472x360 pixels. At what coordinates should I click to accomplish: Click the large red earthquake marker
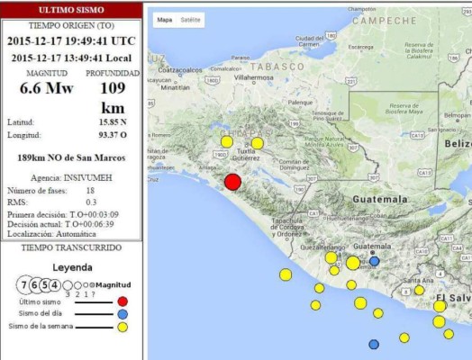pos(232,182)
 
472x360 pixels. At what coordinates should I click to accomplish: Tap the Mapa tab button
pos(165,19)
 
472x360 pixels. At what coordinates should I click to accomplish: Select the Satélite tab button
pos(191,19)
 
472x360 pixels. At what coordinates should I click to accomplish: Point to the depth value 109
pos(113,88)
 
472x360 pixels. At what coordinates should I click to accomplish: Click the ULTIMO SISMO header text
pos(70,8)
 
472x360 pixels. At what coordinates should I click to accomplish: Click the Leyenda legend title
pos(72,267)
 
